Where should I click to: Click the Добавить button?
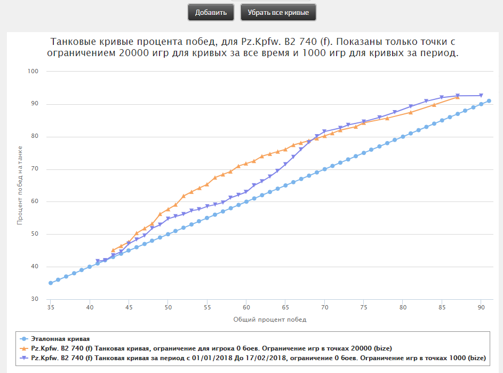pyautogui.click(x=211, y=12)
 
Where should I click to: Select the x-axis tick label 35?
pyautogui.click(x=51, y=308)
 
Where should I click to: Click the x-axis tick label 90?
pyautogui.click(x=481, y=308)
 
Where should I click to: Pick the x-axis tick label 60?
pyautogui.click(x=246, y=308)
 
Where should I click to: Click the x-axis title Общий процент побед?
pyautogui.click(x=270, y=320)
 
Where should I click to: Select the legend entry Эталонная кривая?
pyautogui.click(x=60, y=339)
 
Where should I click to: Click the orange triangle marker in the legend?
pyautogui.click(x=23, y=348)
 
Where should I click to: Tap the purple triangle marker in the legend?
pyautogui.click(x=23, y=358)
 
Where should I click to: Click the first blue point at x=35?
pyautogui.click(x=51, y=283)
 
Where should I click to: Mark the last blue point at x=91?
pyautogui.click(x=489, y=101)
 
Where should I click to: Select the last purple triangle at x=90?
pyautogui.click(x=481, y=96)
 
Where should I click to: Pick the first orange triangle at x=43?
pyautogui.click(x=113, y=250)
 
